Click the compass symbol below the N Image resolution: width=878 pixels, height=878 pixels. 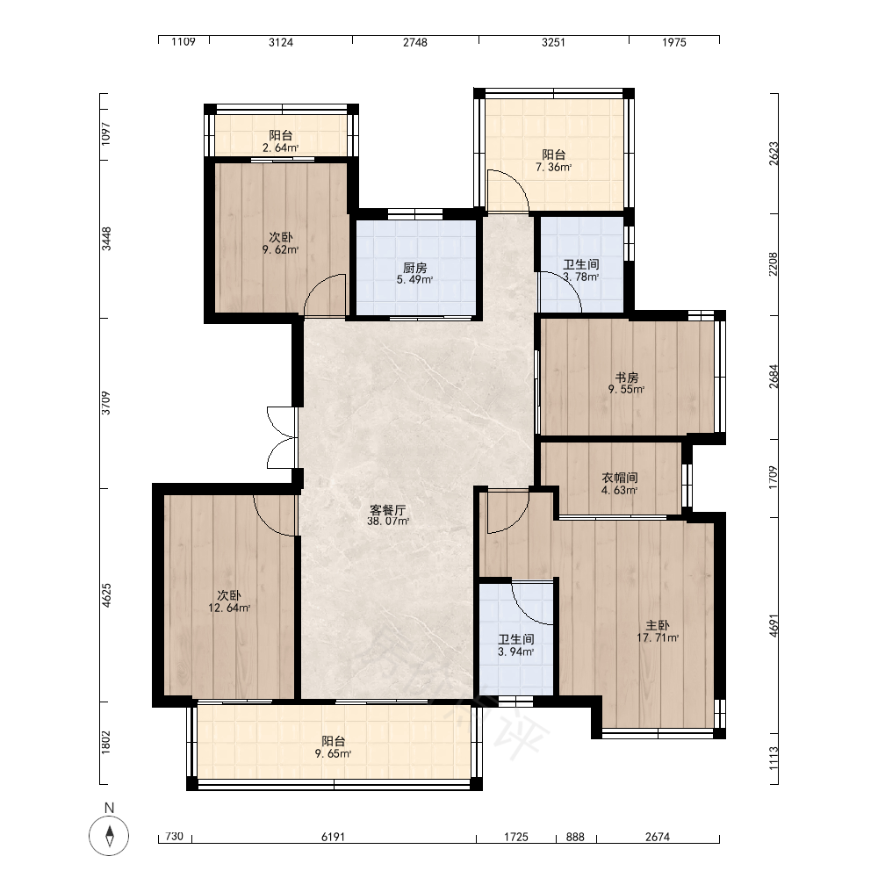tap(109, 836)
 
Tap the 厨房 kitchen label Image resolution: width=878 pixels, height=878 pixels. tap(415, 268)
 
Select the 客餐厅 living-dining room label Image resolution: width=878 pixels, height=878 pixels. tap(387, 510)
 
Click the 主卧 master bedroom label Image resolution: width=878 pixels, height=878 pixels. tap(658, 625)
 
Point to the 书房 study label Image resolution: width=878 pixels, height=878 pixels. tap(627, 378)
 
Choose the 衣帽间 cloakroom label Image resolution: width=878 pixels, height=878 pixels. tap(619, 478)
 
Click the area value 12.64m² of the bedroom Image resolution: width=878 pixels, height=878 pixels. tap(229, 608)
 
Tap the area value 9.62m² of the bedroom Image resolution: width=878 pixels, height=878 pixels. tap(280, 249)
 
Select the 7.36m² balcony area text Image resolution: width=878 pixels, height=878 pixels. tap(553, 167)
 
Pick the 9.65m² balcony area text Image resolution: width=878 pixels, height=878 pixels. tap(333, 753)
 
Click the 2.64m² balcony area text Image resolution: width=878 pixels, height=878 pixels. tap(280, 148)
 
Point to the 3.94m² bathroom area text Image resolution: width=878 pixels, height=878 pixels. tap(515, 651)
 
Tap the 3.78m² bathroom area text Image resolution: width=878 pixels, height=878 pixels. tap(580, 277)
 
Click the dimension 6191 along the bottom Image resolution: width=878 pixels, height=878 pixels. tap(333, 837)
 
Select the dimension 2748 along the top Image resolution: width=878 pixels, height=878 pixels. tap(415, 42)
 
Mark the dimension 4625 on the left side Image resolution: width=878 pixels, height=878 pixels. tap(106, 594)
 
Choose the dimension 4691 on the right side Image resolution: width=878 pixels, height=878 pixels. tap(774, 625)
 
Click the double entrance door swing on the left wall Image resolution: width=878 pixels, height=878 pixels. tap(281, 437)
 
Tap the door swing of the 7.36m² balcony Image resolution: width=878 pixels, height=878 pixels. tap(507, 191)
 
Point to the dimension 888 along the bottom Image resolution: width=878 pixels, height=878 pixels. tap(575, 837)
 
